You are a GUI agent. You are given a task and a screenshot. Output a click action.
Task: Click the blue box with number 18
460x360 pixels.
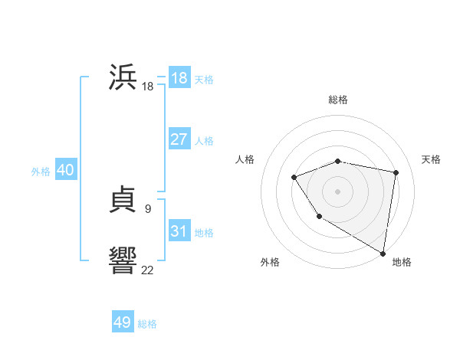coord(179,78)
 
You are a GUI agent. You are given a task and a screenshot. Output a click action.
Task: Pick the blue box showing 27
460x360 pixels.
coord(179,139)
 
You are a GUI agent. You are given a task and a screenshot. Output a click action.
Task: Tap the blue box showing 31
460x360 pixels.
coord(179,231)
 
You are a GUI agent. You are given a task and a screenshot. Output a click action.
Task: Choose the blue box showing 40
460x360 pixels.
coord(65,170)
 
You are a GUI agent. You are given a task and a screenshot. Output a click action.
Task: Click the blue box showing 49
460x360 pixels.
coord(123,322)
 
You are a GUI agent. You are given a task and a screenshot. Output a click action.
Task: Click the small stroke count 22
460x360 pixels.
coord(147,269)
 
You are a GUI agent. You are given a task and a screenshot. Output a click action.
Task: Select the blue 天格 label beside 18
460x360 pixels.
coord(204,80)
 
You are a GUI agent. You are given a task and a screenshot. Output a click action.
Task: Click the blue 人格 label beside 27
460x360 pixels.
coord(204,141)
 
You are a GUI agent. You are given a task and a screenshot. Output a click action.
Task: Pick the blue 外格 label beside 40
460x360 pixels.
coord(41,172)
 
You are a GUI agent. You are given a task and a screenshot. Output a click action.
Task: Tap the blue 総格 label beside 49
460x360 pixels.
coord(147,324)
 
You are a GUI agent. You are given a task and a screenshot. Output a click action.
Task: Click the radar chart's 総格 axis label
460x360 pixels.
coord(338,100)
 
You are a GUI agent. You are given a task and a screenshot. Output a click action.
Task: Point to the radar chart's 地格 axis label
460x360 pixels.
coord(402,262)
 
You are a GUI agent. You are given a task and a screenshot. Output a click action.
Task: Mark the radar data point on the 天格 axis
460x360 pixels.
coord(396,172)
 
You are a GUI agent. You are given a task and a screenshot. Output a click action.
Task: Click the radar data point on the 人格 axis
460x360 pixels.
coord(294,178)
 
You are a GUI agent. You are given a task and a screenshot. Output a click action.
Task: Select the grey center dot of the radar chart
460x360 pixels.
coord(337,191)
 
